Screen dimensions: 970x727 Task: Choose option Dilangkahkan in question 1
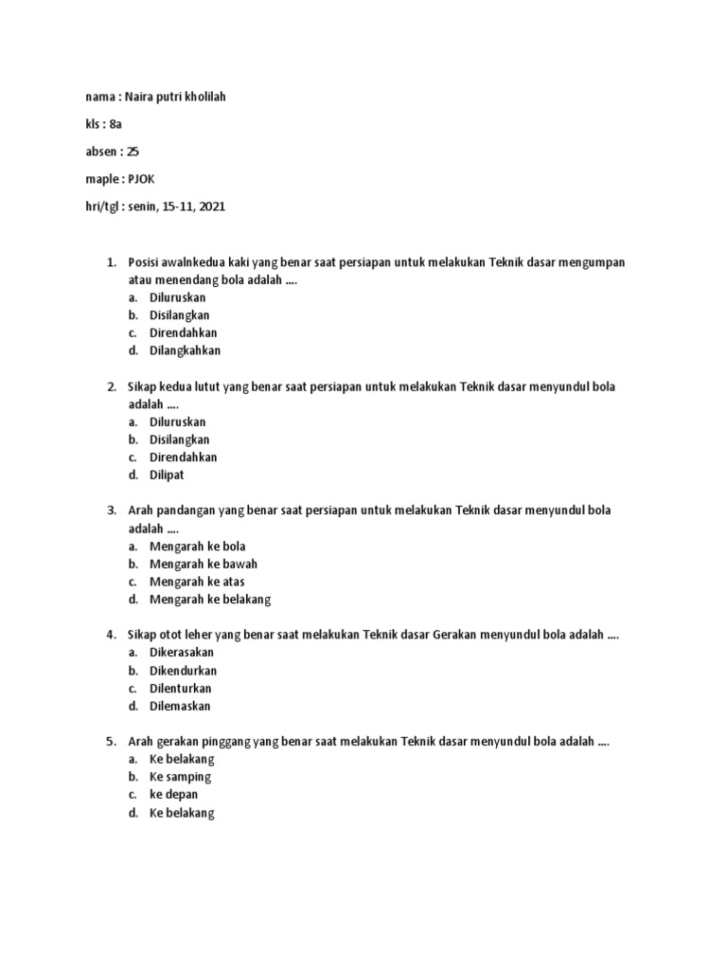[x=185, y=350]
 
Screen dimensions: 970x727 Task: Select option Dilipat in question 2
[x=170, y=475]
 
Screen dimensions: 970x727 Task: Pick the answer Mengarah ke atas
[x=190, y=582]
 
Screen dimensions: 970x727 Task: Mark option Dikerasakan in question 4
[x=182, y=653]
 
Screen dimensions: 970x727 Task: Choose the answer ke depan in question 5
[x=173, y=795]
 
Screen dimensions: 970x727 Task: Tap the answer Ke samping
[x=180, y=777]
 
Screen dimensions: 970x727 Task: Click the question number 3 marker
[x=112, y=510]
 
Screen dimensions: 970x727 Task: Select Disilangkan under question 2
[x=179, y=440]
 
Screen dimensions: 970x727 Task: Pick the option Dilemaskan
[x=180, y=706]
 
